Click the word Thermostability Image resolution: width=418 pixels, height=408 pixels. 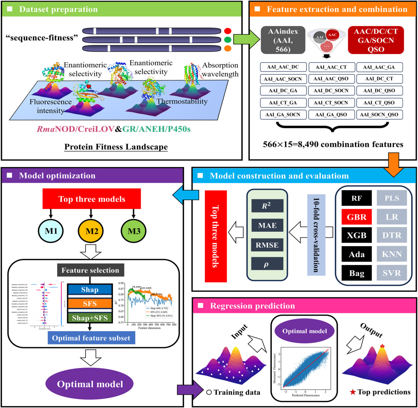click(x=187, y=102)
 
